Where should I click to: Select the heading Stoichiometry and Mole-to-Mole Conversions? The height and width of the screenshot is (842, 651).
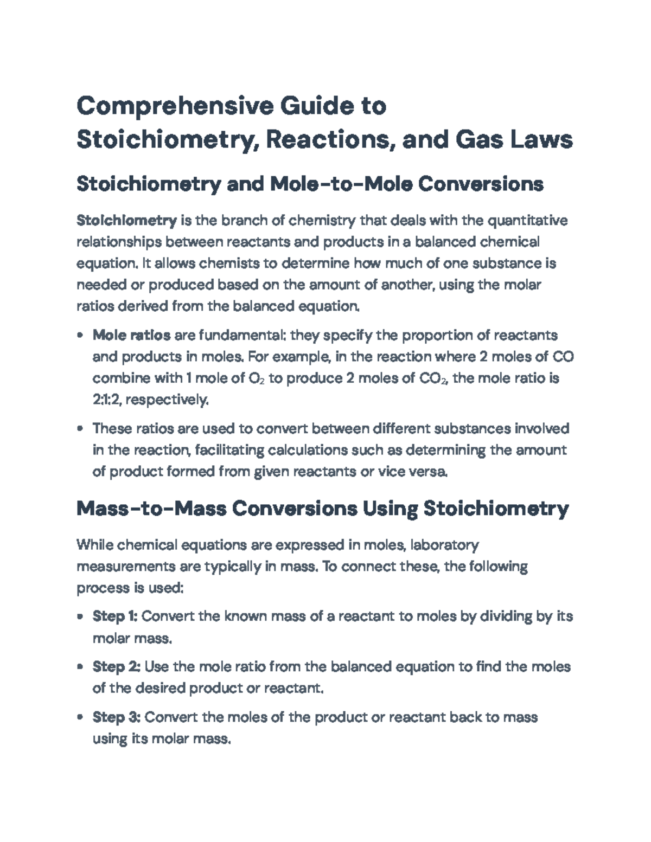tap(310, 184)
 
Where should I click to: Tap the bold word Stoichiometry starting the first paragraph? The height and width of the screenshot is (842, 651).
tap(126, 220)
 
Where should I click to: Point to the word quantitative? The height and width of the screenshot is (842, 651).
tap(528, 220)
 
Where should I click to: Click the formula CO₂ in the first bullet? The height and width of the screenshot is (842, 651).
tap(433, 378)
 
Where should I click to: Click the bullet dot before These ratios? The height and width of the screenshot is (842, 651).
tap(80, 429)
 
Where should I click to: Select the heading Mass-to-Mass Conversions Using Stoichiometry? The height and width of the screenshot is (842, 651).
tap(322, 509)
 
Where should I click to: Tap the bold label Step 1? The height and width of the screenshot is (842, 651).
tap(115, 616)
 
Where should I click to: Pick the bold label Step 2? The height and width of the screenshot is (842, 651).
tap(117, 666)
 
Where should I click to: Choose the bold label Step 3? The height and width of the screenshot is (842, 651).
tap(117, 717)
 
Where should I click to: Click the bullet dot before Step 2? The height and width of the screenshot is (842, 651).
tap(80, 667)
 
